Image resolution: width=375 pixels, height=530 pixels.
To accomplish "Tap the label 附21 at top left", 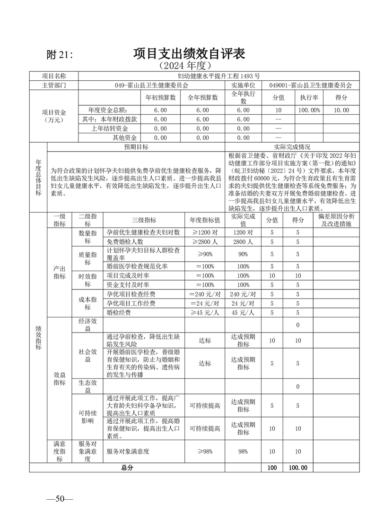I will (x=60, y=55).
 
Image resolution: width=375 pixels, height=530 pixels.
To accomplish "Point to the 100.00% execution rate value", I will (x=309, y=110).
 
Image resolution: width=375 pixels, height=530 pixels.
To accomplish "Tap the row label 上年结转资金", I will (x=110, y=128).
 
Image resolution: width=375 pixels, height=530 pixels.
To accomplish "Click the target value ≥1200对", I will (x=205, y=233).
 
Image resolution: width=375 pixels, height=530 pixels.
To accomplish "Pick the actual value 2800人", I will (x=244, y=242).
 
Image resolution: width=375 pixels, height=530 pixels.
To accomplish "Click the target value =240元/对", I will (x=205, y=294).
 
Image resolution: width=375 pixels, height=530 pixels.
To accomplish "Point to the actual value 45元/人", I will (x=244, y=312).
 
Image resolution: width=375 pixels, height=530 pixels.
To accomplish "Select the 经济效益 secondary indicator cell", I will (x=87, y=325).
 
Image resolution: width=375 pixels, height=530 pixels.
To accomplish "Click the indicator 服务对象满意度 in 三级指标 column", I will (x=128, y=452).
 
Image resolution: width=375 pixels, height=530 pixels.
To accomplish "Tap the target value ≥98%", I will (x=205, y=452).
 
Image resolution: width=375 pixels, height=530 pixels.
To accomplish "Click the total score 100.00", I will (x=298, y=468).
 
